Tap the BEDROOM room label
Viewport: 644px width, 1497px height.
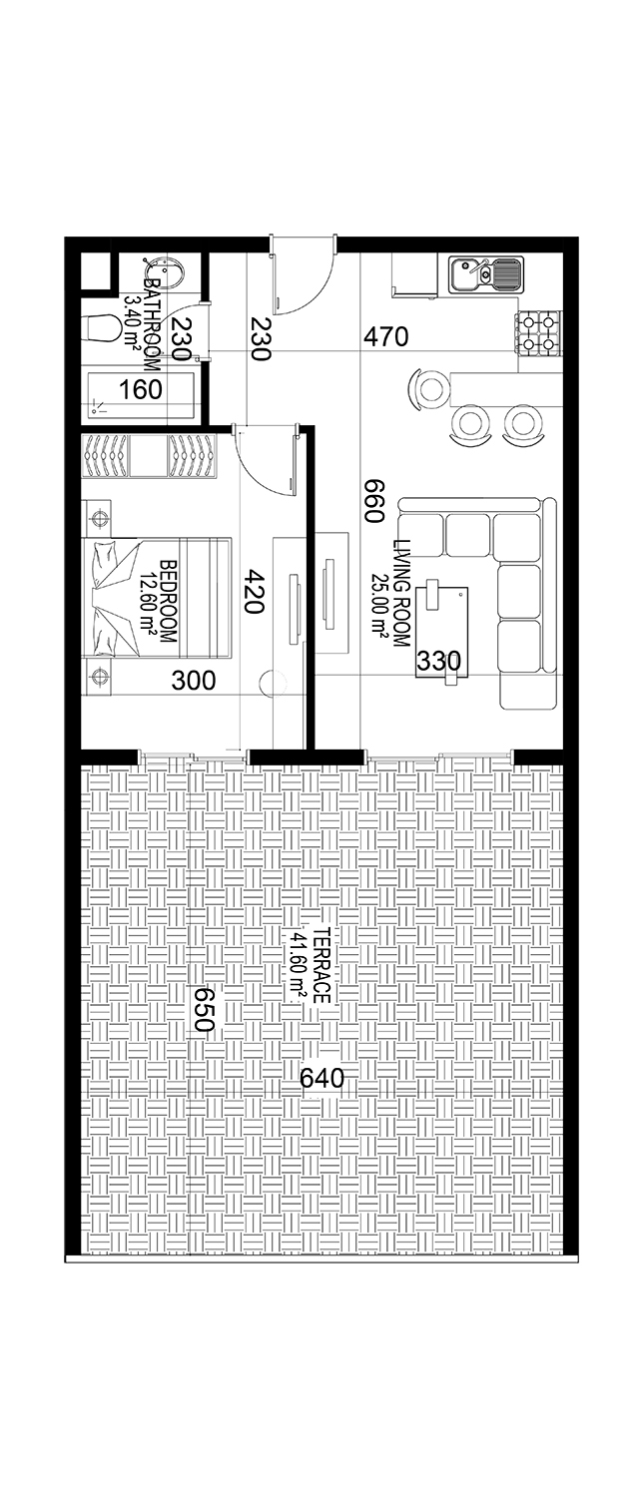tap(168, 602)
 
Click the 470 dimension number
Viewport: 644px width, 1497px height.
tap(385, 337)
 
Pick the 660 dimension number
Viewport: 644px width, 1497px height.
tap(373, 501)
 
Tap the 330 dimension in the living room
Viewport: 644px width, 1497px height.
tap(438, 661)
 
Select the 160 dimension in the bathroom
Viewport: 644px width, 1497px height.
tap(141, 389)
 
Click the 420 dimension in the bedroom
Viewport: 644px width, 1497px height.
tap(255, 591)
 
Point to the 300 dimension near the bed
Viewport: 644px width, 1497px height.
tap(194, 681)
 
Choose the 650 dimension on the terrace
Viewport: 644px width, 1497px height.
tap(203, 1009)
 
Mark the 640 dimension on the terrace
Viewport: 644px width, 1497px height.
tap(322, 1077)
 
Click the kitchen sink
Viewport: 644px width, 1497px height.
tap(485, 274)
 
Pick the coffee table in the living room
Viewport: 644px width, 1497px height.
tap(441, 633)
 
